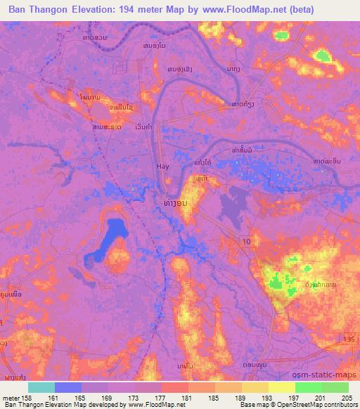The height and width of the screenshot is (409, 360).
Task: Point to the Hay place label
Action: click(x=162, y=167)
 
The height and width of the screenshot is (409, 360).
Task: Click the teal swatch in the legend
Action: click(x=41, y=387)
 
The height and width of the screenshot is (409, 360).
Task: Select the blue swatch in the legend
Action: click(x=68, y=387)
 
